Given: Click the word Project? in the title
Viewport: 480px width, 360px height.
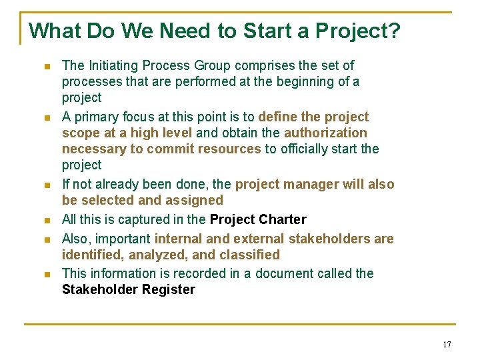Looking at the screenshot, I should point(358,31).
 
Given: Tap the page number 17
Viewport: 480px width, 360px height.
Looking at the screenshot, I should point(447,344).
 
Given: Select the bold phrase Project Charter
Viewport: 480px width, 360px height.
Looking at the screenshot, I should point(258,219).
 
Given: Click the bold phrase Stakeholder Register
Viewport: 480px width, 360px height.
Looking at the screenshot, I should point(129,289).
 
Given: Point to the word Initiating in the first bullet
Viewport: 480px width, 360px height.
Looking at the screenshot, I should point(114,65).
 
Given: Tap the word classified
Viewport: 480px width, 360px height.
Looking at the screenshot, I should point(250,255).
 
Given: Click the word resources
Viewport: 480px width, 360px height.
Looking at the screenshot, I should point(229,149).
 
